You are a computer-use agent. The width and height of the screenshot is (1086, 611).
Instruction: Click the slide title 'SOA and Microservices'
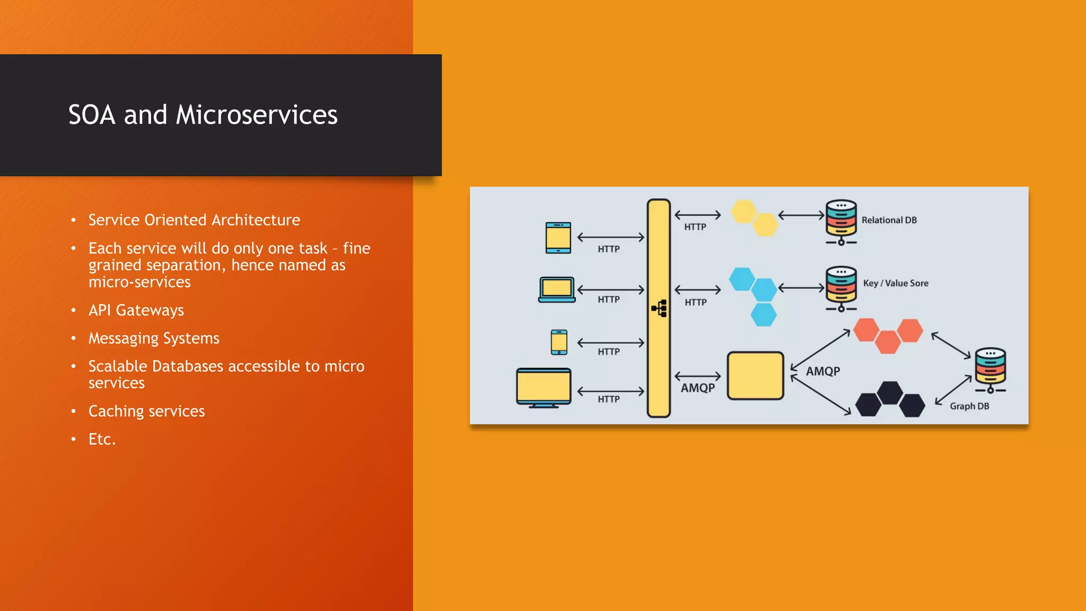[x=203, y=115]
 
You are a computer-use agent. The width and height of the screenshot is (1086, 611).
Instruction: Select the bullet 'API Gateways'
[x=136, y=310]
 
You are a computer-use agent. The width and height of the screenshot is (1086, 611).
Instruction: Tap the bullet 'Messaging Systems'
[x=154, y=338]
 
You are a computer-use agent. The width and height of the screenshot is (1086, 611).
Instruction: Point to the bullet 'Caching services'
[x=146, y=411]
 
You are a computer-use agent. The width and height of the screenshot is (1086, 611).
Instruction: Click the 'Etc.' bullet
[x=102, y=439]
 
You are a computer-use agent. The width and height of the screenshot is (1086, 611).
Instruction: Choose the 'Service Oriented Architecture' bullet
[x=194, y=220]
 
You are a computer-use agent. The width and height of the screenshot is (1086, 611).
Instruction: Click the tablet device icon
[x=558, y=238]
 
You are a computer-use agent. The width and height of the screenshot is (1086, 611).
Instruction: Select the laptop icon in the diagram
[x=557, y=290]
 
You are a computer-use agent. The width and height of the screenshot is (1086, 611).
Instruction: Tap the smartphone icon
[x=559, y=342]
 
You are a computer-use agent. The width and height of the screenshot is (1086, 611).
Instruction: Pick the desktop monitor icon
[x=544, y=388]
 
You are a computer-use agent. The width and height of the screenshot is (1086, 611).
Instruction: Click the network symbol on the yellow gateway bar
[x=659, y=308]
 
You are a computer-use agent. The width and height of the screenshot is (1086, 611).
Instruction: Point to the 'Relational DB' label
[x=889, y=220]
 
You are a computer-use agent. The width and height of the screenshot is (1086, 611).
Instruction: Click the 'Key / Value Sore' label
[x=896, y=283]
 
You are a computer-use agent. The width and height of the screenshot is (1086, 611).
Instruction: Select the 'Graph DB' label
[x=969, y=406]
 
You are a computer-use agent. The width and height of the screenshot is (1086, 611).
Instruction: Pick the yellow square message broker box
[x=755, y=376]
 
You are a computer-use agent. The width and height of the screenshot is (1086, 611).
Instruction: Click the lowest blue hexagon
[x=764, y=315]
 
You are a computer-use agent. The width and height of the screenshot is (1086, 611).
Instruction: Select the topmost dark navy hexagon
[x=890, y=392]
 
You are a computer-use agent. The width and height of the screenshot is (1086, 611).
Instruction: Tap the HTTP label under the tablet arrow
[x=608, y=249]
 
